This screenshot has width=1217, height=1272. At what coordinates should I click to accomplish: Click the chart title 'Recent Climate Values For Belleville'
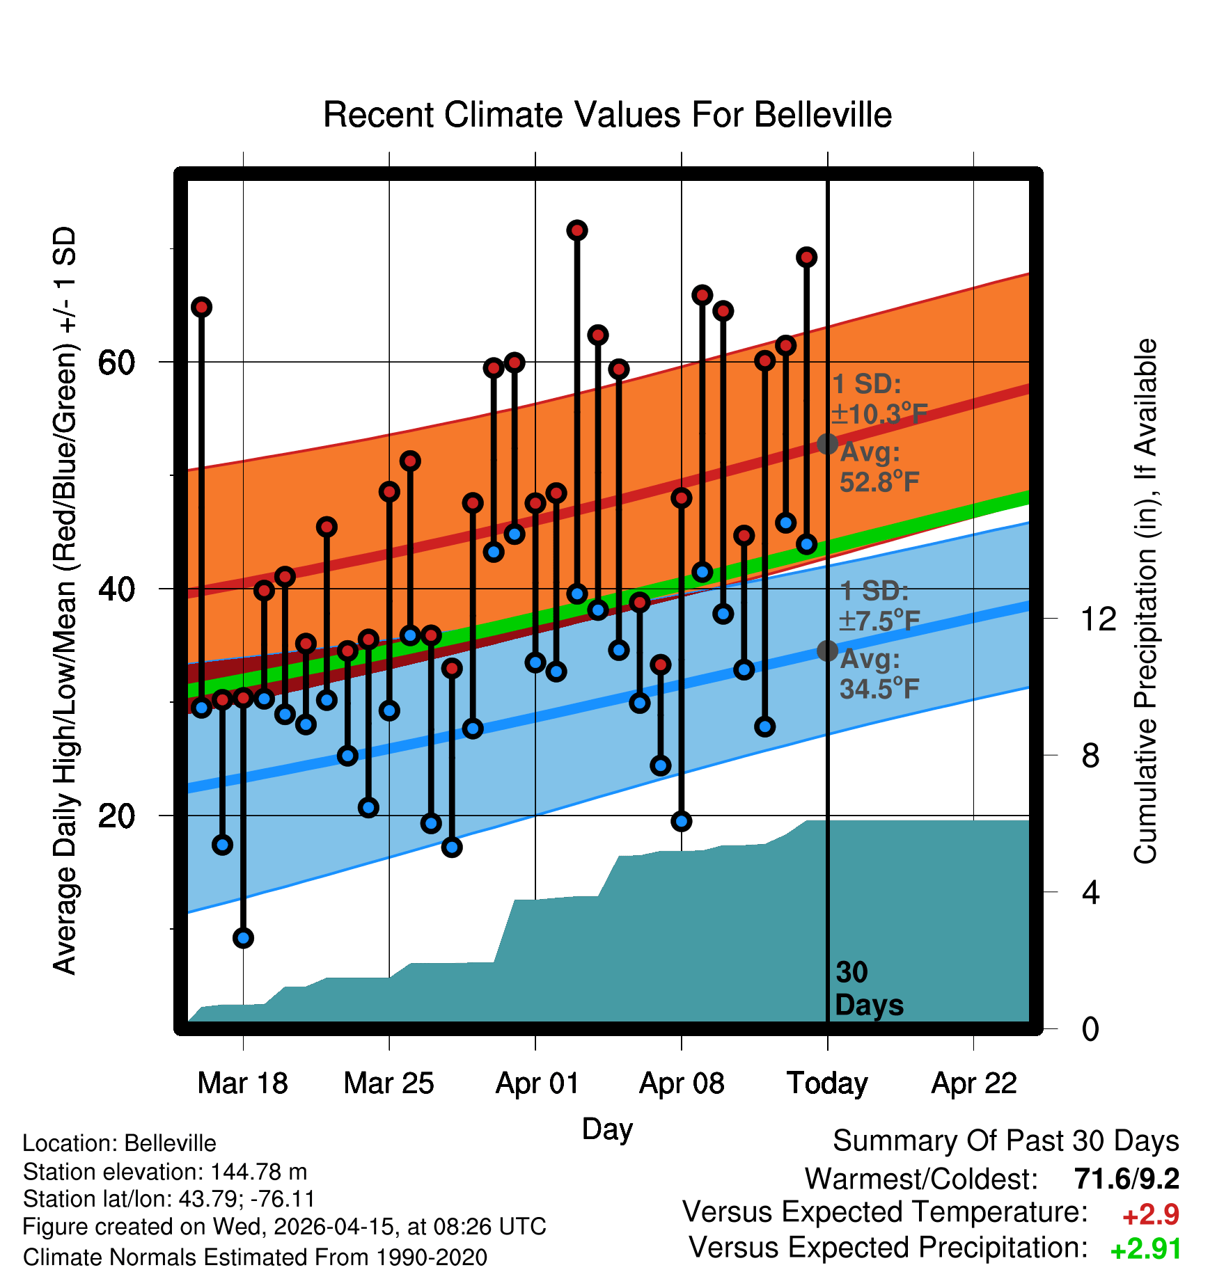point(607,115)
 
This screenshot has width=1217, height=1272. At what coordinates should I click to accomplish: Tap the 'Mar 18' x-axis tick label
point(242,1083)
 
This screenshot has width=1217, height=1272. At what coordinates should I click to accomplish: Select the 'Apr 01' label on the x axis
point(537,1083)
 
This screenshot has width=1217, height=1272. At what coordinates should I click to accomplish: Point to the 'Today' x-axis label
point(827,1083)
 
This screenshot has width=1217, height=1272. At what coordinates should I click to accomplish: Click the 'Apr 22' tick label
point(974,1083)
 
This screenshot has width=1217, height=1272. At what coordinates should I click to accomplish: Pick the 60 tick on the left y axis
point(116,362)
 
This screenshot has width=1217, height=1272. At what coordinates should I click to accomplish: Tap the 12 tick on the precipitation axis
point(1098,619)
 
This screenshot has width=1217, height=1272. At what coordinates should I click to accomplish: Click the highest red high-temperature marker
point(576,230)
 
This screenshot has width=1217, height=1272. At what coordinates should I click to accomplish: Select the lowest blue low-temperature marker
point(243,938)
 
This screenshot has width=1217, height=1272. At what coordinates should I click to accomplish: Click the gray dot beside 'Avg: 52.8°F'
point(827,443)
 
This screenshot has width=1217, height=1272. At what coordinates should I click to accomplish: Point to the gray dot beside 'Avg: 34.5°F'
point(827,651)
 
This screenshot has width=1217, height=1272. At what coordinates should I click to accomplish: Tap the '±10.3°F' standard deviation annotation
point(879,414)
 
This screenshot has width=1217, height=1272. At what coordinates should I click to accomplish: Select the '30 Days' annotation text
point(869,989)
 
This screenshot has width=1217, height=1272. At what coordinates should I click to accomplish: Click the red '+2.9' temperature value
point(1150,1215)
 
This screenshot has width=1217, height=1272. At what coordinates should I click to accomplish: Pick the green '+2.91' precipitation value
point(1145,1249)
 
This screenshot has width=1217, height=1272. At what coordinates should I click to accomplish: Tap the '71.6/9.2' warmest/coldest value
point(1126,1179)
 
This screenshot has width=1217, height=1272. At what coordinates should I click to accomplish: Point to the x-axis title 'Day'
point(607,1130)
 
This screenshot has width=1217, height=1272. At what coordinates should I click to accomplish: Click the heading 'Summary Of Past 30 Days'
point(1006,1141)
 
